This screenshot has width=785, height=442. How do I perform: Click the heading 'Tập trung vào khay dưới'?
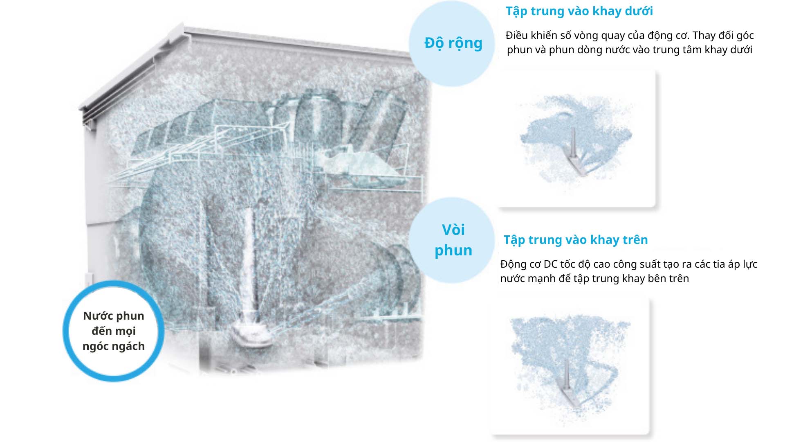[579, 11]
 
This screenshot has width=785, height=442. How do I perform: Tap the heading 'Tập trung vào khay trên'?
[576, 240]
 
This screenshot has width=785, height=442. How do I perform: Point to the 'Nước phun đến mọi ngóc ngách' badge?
[113, 331]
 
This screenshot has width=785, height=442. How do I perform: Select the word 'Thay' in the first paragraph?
[704, 36]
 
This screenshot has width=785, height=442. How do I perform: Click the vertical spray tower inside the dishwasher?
[248, 262]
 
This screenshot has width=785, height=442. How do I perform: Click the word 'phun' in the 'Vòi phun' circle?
[453, 251]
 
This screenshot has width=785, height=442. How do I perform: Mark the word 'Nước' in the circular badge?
[95, 316]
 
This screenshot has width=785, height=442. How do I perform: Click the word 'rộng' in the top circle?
[465, 43]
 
